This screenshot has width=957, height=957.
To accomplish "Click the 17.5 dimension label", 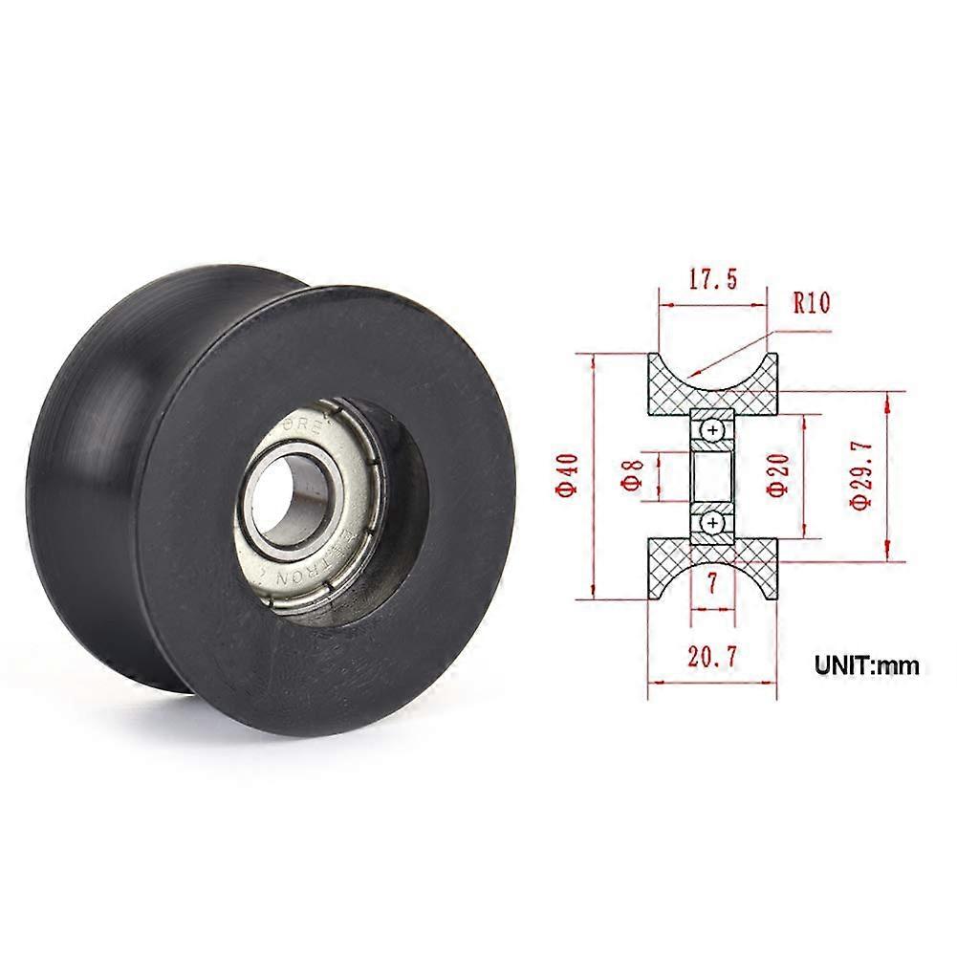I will (x=712, y=280).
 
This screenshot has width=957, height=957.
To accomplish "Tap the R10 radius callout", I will (x=812, y=303).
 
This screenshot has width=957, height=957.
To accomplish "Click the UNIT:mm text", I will (x=866, y=664).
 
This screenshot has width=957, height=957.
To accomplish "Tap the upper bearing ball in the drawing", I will (x=713, y=432).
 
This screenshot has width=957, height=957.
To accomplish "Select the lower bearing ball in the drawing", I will (x=713, y=522).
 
